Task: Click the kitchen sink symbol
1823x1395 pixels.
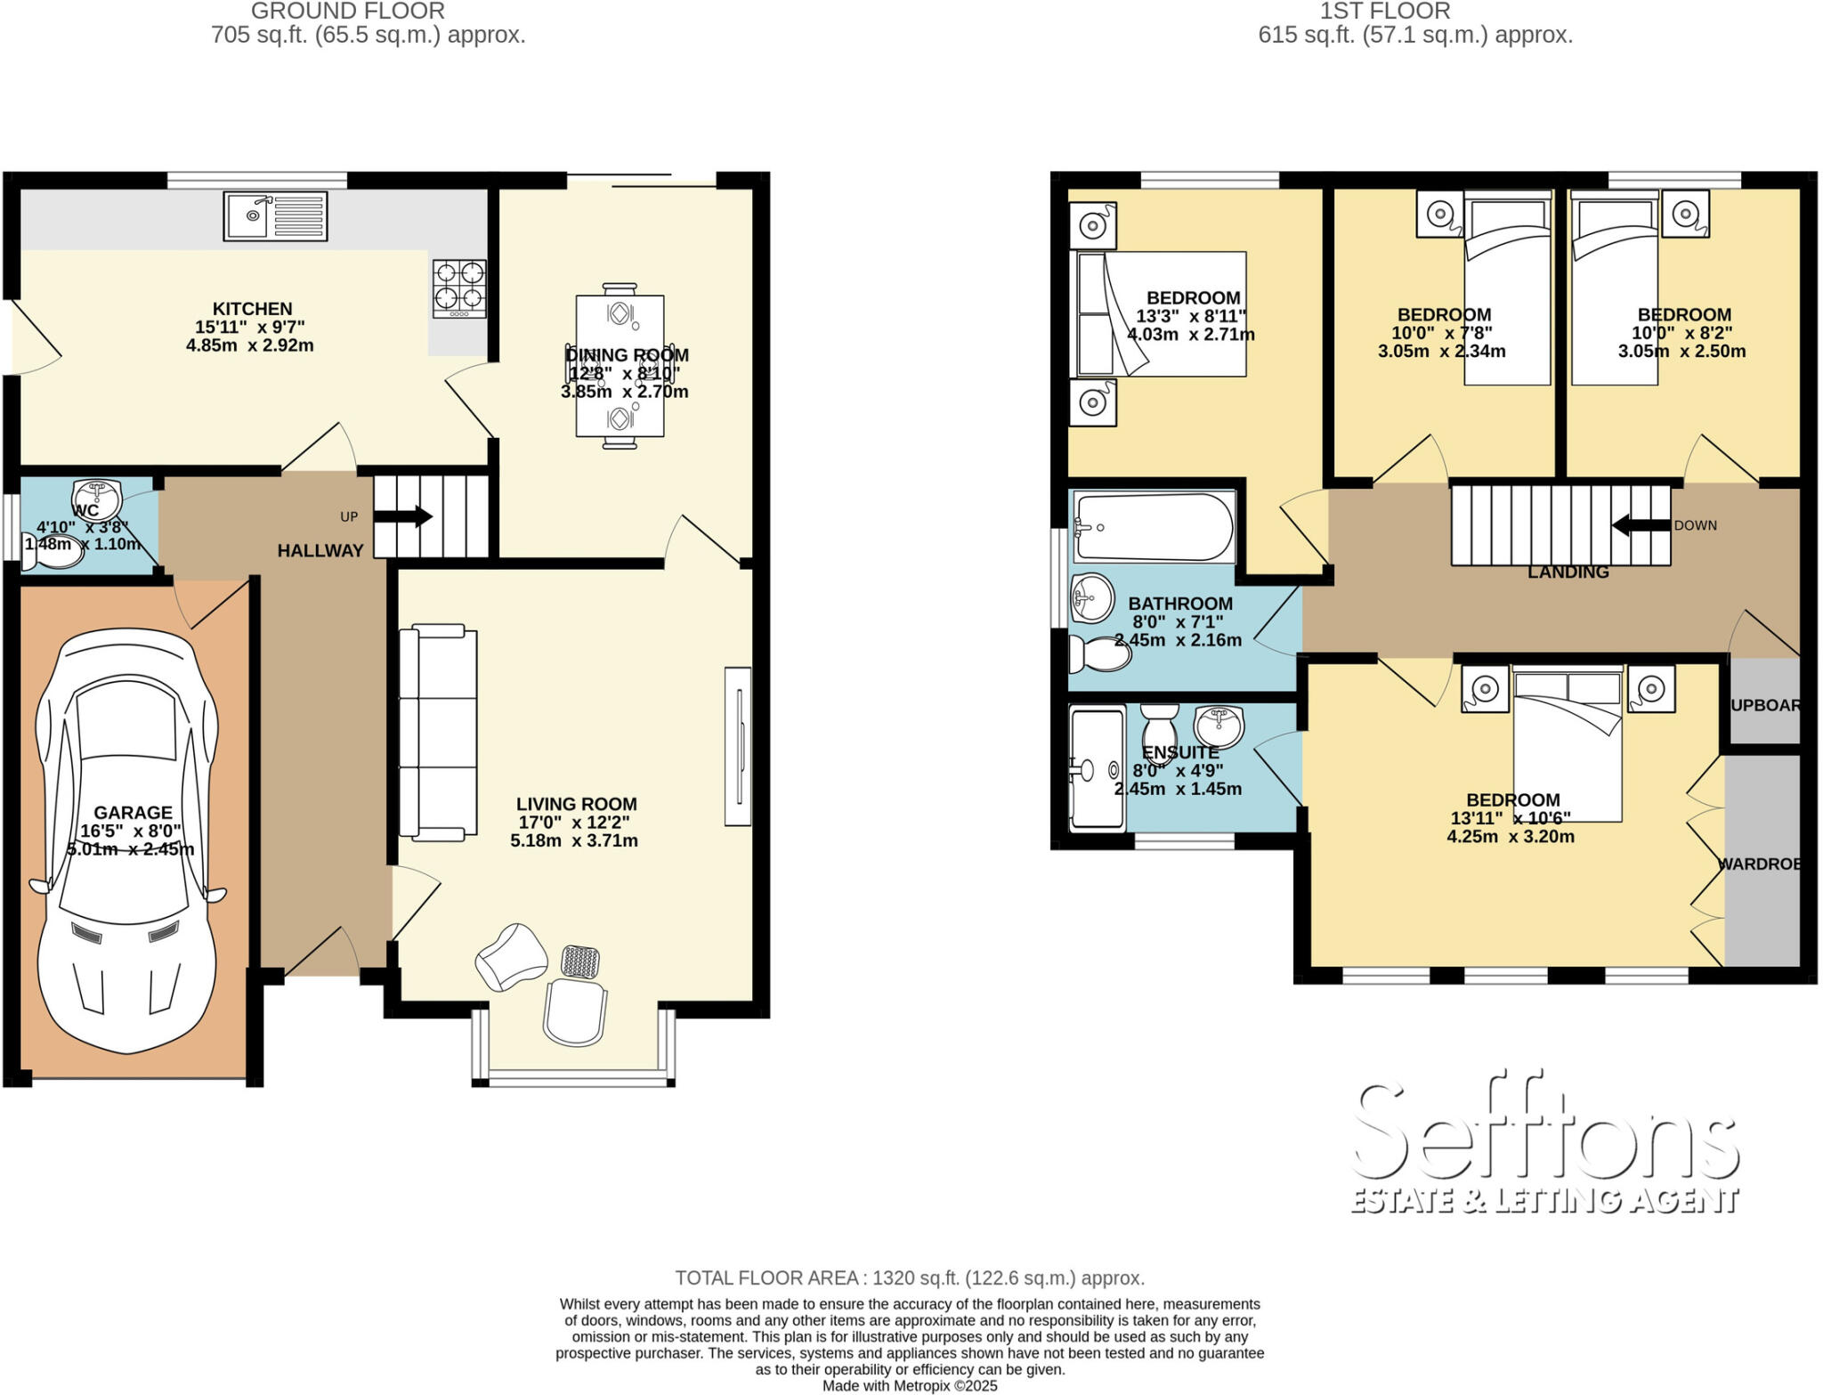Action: point(275,216)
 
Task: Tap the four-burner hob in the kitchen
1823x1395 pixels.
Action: point(459,288)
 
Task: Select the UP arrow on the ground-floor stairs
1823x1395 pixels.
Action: point(411,516)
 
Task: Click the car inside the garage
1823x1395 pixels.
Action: point(126,841)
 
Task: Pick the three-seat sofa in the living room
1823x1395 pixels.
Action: point(437,732)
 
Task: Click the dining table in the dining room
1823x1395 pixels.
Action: point(620,365)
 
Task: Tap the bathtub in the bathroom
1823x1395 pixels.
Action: point(1154,527)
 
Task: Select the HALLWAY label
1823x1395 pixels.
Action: point(320,551)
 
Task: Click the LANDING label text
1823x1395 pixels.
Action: point(1568,572)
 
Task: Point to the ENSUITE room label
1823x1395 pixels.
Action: point(1179,752)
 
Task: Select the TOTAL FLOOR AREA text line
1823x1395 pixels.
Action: point(909,1277)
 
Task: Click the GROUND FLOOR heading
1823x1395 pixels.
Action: point(347,12)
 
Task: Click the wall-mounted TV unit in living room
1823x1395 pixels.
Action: point(738,746)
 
